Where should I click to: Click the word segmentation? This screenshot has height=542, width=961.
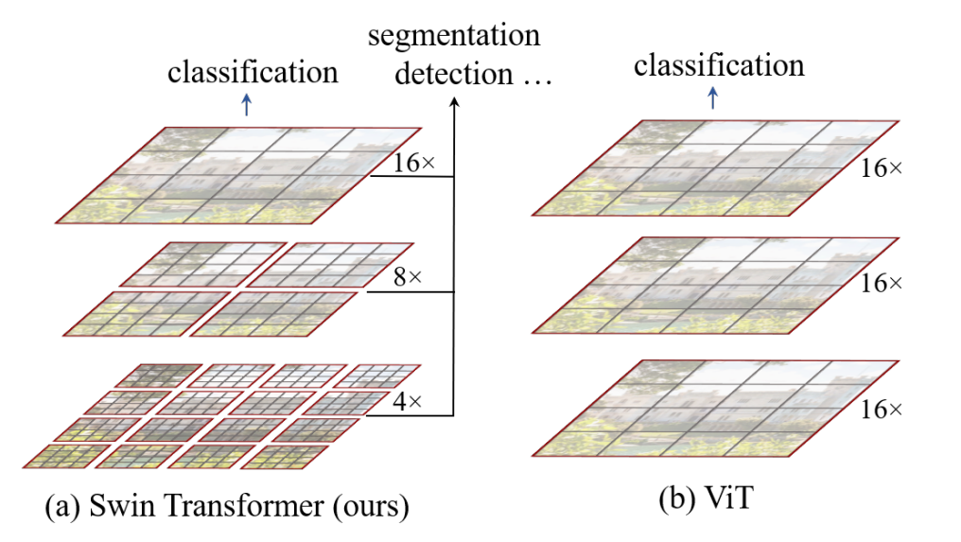(x=454, y=37)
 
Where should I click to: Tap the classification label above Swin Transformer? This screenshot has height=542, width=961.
(x=253, y=72)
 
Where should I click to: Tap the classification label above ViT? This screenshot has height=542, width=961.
(x=719, y=65)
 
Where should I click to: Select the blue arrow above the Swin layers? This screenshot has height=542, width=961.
(x=247, y=105)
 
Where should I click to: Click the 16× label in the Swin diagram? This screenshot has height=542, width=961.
(x=414, y=164)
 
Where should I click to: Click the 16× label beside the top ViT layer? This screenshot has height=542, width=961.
(x=882, y=168)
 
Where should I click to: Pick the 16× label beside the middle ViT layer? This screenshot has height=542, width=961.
(x=882, y=284)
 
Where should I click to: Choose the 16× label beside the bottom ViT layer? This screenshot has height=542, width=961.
(x=882, y=410)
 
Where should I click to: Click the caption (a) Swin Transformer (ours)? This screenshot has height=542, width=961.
(x=227, y=507)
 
